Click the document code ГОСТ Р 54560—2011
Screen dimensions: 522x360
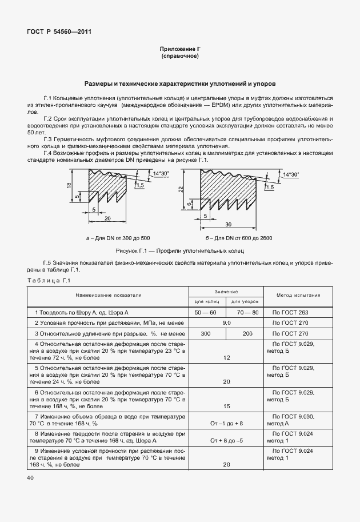point(59,32)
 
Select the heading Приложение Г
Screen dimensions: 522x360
point(180,50)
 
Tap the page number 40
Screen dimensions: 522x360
point(30,477)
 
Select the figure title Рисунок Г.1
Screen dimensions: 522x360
point(179,250)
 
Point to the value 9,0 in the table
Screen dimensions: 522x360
point(226,323)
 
